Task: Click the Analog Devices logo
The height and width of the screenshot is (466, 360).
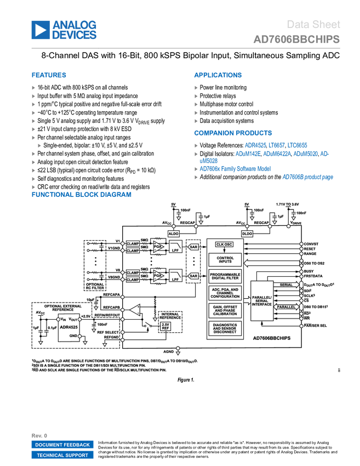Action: [x=64, y=30]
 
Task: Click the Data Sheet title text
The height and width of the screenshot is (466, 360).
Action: [x=313, y=25]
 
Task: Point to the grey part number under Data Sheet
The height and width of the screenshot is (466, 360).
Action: [x=296, y=39]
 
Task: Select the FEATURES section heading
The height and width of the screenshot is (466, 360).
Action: [x=49, y=75]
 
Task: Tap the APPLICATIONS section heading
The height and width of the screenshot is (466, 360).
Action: [x=218, y=75]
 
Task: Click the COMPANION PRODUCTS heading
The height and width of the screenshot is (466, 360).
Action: [x=233, y=133]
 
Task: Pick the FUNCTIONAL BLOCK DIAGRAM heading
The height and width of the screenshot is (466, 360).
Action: [x=82, y=195]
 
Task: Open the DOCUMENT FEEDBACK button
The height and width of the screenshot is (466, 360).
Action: [x=62, y=445]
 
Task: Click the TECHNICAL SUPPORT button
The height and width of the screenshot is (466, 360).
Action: [x=62, y=455]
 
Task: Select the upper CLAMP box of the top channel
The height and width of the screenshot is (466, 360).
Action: [x=133, y=243]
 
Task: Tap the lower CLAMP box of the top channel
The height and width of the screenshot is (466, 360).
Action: [x=133, y=251]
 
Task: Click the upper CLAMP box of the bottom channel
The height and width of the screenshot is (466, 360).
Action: [x=133, y=272]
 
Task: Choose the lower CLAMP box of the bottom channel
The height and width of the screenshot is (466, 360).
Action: [x=133, y=280]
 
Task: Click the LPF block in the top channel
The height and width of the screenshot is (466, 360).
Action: [x=176, y=247]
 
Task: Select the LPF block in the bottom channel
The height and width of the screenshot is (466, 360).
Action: [x=176, y=276]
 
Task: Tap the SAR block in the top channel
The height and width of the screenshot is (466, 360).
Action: [x=193, y=247]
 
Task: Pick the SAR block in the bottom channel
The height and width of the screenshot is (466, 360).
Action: [x=193, y=276]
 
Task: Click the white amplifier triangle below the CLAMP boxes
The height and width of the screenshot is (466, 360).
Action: [x=135, y=310]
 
